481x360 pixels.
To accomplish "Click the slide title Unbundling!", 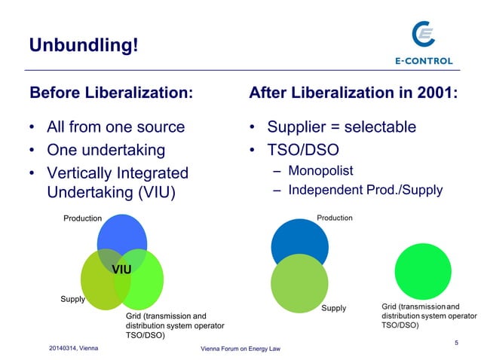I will pyautogui.click(x=84, y=45).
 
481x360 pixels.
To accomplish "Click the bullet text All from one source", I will pyautogui.click(x=115, y=127).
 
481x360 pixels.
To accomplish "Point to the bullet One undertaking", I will pyautogui.click(x=106, y=149).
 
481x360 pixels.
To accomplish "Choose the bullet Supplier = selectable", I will pyautogui.click(x=341, y=127).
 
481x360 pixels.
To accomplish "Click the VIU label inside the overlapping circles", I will pyautogui.click(x=122, y=269).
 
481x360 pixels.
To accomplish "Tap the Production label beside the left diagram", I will pyautogui.click(x=82, y=218).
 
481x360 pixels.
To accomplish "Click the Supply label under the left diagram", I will pyautogui.click(x=72, y=299).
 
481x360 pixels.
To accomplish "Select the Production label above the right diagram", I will pyautogui.click(x=334, y=218).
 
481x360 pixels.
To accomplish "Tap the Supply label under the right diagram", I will pyautogui.click(x=333, y=308).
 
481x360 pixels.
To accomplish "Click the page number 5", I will pyautogui.click(x=456, y=343).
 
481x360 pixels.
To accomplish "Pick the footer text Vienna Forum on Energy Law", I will pyautogui.click(x=240, y=350).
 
